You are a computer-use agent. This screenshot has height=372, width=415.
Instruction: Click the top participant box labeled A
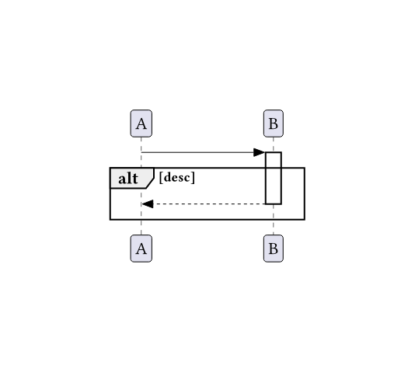(141, 123)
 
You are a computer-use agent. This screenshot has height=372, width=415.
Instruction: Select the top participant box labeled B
(274, 123)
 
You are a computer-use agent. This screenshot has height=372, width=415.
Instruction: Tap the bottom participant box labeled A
(141, 249)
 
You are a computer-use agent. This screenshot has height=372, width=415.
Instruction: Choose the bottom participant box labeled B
(274, 249)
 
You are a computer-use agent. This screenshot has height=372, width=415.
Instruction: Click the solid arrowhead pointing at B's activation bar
(260, 152)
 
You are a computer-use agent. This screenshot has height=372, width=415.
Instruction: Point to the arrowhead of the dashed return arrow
(148, 204)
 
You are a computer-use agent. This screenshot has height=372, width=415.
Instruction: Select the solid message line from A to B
(204, 152)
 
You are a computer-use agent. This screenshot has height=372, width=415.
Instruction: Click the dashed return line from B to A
(204, 204)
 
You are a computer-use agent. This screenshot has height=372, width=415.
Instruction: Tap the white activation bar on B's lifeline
(274, 178)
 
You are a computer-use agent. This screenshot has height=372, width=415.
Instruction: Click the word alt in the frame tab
(128, 179)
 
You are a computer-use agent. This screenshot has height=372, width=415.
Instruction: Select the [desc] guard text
(177, 177)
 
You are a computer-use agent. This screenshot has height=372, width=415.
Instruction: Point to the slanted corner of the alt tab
(150, 183)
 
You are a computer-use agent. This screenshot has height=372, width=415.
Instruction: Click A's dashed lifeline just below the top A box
(141, 143)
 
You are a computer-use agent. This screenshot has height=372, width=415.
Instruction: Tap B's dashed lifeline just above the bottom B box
(274, 228)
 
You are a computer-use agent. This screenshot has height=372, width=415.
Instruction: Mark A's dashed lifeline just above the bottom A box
(141, 228)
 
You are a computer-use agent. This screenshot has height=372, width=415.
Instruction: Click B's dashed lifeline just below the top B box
(274, 144)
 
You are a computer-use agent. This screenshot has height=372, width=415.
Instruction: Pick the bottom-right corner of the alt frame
(305, 220)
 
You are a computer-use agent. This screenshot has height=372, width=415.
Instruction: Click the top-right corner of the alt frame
(305, 168)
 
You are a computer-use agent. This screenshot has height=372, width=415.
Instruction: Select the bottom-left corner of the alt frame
(110, 220)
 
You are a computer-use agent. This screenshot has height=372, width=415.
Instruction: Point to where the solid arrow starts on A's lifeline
(141, 152)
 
